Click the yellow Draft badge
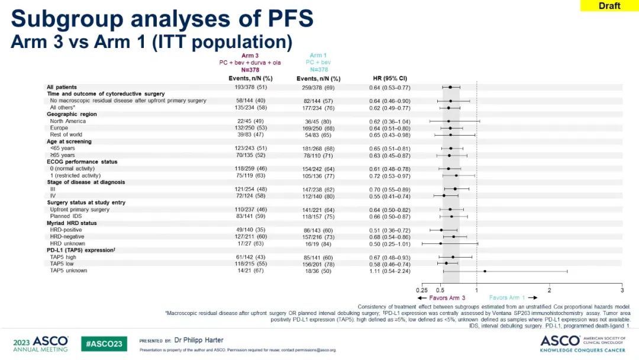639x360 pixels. click(609, 6)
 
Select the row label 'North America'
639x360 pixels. click(67, 121)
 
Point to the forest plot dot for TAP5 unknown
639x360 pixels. click(485, 271)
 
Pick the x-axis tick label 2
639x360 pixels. click(549, 290)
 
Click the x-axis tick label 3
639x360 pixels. click(622, 290)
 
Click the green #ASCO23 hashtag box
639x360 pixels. click(104, 343)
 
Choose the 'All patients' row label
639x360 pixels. click(62, 87)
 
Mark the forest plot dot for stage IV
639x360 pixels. click(444, 195)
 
